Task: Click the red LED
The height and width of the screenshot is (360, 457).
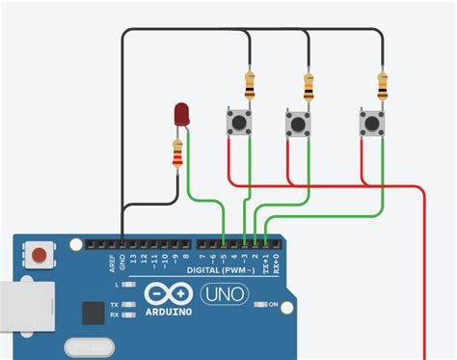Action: tap(180, 115)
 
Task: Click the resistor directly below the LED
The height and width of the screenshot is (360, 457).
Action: tap(177, 154)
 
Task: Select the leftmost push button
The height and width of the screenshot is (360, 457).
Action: tap(238, 123)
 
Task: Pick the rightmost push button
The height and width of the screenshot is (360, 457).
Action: tap(372, 123)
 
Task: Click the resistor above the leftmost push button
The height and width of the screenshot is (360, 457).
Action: tap(250, 85)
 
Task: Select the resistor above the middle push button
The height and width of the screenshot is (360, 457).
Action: tap(309, 88)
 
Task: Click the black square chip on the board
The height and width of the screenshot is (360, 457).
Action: tap(94, 313)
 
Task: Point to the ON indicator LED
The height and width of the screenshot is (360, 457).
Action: tap(259, 305)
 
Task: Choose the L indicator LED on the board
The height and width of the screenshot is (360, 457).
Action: tap(130, 286)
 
